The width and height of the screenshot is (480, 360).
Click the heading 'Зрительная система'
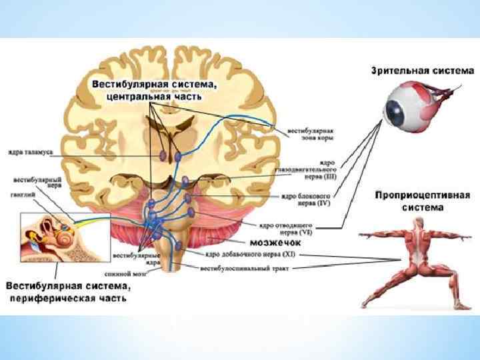pyautogui.click(x=422, y=69)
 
